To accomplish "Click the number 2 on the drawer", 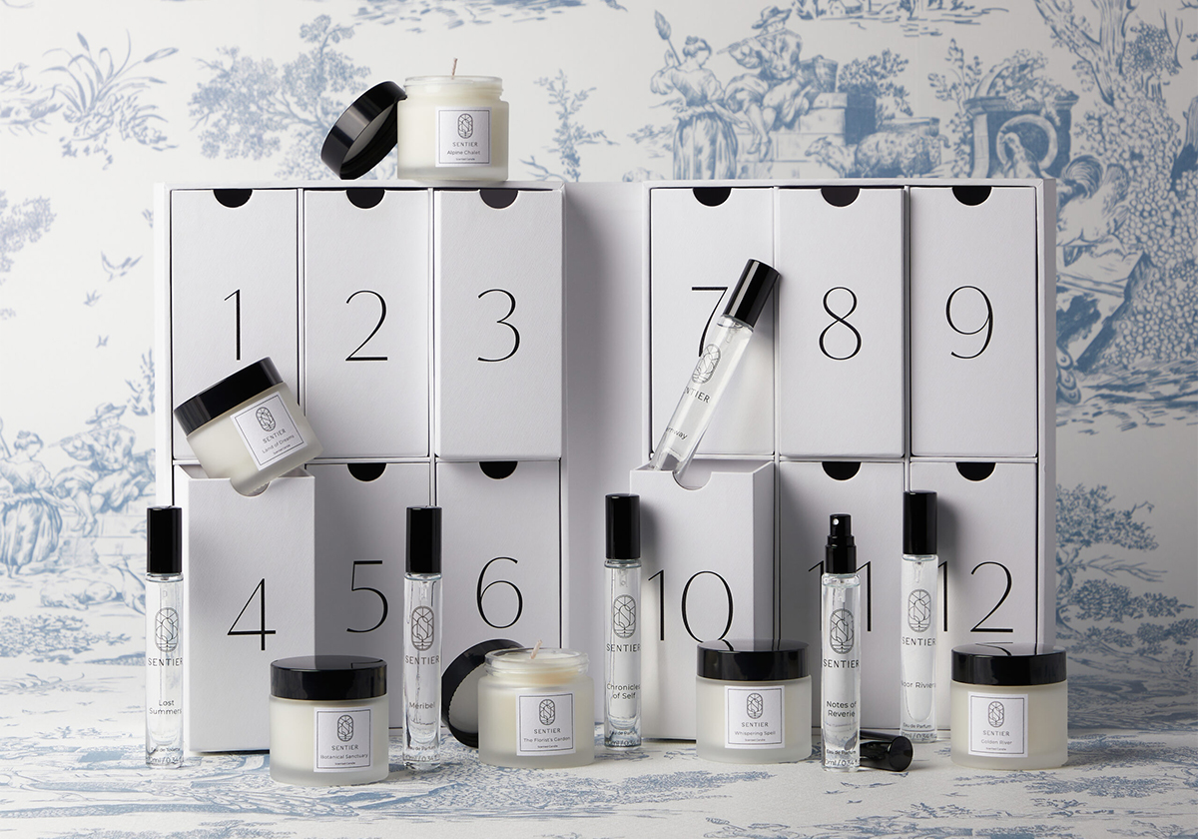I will (366, 326).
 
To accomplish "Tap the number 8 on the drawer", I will (840, 324).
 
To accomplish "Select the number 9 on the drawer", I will (969, 323).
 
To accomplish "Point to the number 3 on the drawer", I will (498, 326).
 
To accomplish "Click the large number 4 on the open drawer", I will (251, 613).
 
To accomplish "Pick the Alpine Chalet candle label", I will (464, 137).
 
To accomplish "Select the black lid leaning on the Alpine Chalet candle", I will (361, 130).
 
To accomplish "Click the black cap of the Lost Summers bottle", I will (164, 540).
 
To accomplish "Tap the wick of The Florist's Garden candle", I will (535, 649).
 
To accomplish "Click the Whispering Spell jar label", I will (754, 716).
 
